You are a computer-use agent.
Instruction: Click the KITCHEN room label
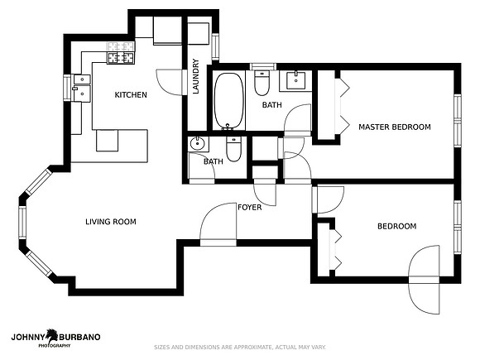point(131,95)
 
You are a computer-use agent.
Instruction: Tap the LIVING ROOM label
point(111,222)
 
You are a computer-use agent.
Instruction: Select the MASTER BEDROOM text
point(395,127)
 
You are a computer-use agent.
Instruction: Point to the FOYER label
point(250,207)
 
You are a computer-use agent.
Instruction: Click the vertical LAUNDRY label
point(196,76)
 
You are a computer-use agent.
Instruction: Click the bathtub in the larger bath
point(229,101)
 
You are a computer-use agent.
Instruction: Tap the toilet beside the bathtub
point(262,83)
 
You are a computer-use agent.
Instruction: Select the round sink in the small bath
point(198,143)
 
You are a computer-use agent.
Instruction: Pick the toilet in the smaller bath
point(233,148)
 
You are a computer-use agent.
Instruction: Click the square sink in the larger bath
point(295,80)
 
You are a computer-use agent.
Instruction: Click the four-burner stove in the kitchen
point(121,58)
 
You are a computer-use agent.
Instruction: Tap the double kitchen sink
point(82,88)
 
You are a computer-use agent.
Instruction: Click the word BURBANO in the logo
point(79,337)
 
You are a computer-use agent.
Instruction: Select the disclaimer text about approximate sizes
point(240,347)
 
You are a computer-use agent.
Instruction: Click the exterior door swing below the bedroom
point(425,296)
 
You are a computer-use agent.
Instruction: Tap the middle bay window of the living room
point(22,223)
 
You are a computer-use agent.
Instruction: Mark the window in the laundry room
point(215,47)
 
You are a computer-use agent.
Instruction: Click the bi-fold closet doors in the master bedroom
point(343,107)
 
